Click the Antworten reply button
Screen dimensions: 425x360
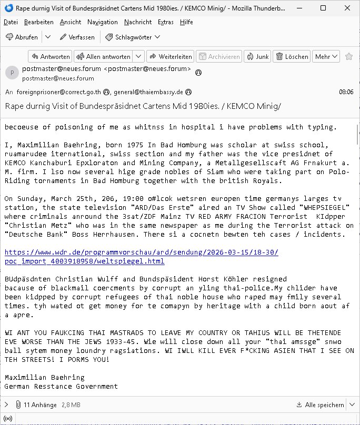pyautogui.click(x=49, y=56)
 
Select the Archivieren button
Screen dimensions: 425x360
pyautogui.click(x=219, y=56)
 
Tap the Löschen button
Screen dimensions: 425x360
pyautogui.click(x=292, y=56)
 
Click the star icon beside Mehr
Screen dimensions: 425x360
pyautogui.click(x=349, y=56)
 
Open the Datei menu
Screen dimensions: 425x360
pyautogui.click(x=11, y=22)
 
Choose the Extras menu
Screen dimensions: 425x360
pyautogui.click(x=166, y=22)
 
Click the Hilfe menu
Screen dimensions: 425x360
pyautogui.click(x=186, y=22)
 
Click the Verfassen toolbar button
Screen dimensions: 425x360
pyautogui.click(x=77, y=37)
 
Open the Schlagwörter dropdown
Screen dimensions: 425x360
pyautogui.click(x=133, y=37)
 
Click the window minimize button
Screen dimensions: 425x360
pyautogui.click(x=299, y=8)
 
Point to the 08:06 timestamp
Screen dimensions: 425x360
pyautogui.click(x=346, y=92)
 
